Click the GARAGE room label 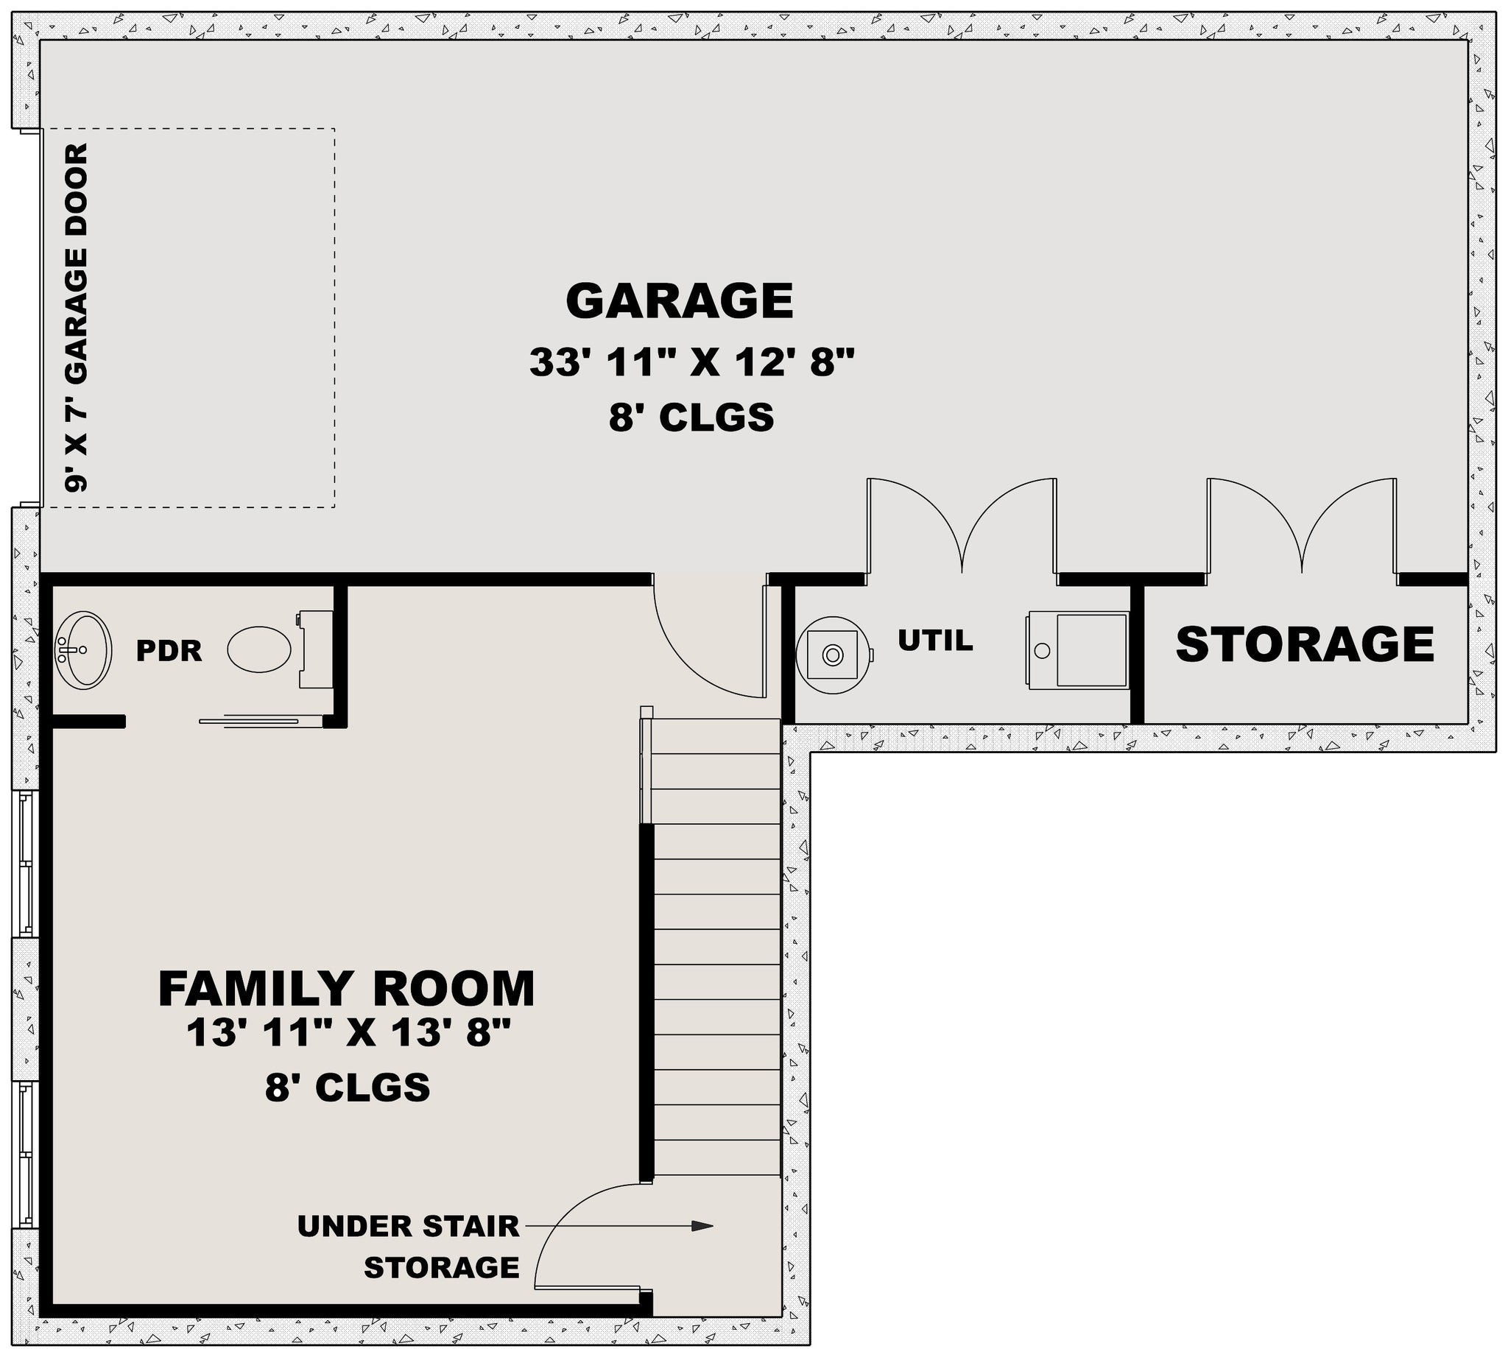(680, 300)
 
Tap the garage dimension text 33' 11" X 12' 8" (691, 363)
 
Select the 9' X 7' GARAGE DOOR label (76, 317)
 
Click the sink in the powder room (83, 650)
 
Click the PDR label (169, 651)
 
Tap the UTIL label (935, 641)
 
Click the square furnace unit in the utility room (1078, 650)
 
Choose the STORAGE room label (1306, 644)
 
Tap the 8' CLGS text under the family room (348, 1087)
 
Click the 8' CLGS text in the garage (691, 417)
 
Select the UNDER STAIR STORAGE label (409, 1247)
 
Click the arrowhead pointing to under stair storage (702, 1226)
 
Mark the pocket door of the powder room (250, 720)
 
